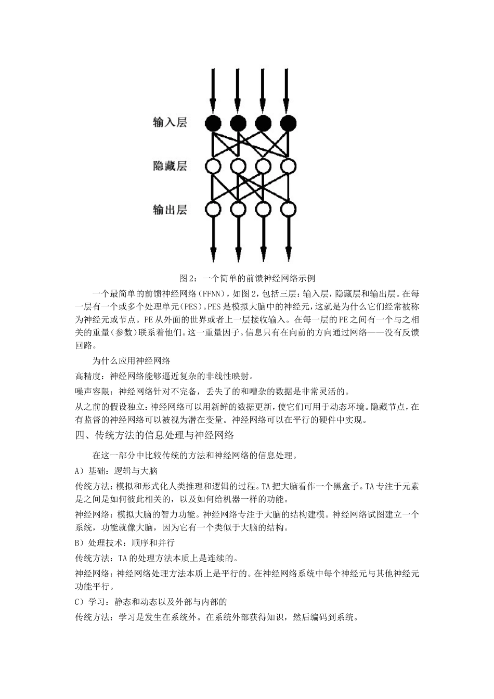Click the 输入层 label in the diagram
[170, 123]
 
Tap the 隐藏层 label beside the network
[170, 166]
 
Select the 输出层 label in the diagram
[170, 210]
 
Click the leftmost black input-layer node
[213, 123]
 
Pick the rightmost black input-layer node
[288, 123]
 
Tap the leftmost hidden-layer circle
[213, 166]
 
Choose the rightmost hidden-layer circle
[288, 166]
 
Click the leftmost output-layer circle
[213, 210]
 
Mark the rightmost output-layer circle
[288, 210]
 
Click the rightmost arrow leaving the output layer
[288, 239]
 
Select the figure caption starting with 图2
[247, 278]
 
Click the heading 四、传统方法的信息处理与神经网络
[154, 435]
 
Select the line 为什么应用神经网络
[132, 360]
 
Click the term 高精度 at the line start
[89, 376]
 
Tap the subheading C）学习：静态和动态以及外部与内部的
[151, 602]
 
